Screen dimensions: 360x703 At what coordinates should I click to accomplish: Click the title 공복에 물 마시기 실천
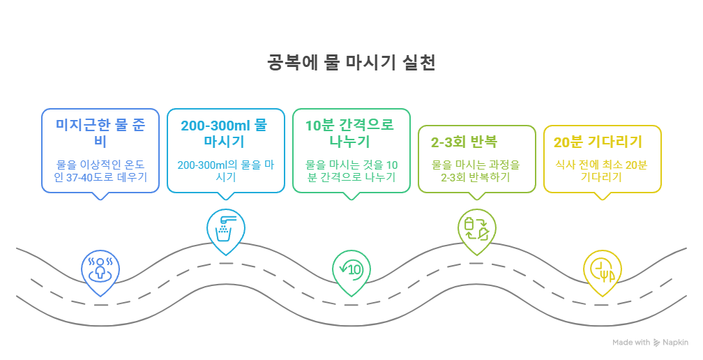point(351,63)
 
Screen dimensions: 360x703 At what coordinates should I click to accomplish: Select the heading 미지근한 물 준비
point(100,134)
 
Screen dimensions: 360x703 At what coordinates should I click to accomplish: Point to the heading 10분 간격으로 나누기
point(350,134)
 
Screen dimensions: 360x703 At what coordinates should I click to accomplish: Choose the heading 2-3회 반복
point(464,142)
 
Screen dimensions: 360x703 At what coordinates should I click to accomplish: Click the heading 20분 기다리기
point(597,142)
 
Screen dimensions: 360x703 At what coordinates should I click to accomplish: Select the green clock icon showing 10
point(351,269)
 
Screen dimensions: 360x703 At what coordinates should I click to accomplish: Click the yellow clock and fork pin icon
point(602,269)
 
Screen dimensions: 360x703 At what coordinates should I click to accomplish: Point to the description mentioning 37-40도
point(100,172)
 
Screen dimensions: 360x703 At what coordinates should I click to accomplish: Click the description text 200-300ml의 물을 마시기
point(225,172)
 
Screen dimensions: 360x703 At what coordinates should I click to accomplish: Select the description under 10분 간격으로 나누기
point(351,172)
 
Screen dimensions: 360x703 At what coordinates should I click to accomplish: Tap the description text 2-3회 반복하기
point(476,172)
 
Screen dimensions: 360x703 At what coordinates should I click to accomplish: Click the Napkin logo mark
point(656,343)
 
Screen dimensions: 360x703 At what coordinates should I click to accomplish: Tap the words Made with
point(631,343)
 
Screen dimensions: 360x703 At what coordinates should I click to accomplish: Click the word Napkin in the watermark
point(675,343)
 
